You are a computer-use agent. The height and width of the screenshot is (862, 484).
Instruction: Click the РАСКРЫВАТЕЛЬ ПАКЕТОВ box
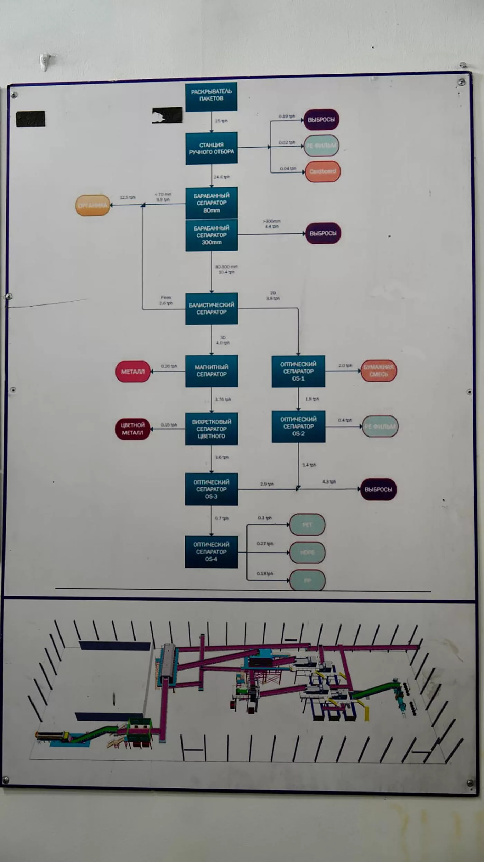click(211, 97)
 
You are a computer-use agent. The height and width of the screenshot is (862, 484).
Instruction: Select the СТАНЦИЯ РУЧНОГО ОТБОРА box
click(211, 148)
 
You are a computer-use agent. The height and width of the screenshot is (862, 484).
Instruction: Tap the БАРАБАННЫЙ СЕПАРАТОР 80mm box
click(211, 203)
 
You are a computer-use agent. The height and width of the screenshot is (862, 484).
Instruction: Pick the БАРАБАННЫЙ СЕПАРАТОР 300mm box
click(211, 235)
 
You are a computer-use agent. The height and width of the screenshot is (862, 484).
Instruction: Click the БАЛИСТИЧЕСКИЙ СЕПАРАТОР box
click(211, 309)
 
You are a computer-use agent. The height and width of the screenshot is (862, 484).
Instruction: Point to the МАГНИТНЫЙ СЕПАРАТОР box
click(211, 371)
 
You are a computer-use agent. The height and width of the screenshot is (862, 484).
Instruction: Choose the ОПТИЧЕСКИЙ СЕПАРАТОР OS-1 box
click(298, 371)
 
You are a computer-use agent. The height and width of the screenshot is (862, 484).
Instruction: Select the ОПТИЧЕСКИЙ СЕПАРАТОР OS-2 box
click(298, 427)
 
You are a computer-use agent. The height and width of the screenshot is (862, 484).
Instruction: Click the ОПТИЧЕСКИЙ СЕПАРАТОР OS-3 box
click(211, 489)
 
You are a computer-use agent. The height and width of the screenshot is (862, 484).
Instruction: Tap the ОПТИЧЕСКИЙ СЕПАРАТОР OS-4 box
click(211, 552)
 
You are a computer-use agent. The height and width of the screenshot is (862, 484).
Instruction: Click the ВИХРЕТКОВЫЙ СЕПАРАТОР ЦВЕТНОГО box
click(211, 429)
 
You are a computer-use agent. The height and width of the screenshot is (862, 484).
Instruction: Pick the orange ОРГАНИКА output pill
click(93, 205)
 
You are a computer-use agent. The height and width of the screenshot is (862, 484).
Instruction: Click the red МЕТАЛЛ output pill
click(133, 372)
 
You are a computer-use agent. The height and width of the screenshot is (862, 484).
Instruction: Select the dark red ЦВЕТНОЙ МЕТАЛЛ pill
click(132, 429)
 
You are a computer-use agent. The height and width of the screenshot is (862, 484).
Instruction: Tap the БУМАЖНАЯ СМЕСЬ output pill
click(379, 371)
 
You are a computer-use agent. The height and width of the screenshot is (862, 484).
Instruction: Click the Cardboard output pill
click(323, 171)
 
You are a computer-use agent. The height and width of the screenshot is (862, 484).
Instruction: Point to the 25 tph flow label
click(221, 121)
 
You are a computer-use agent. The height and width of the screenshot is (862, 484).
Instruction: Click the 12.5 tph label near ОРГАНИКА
click(127, 197)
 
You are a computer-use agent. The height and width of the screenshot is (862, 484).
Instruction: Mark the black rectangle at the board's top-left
click(30, 119)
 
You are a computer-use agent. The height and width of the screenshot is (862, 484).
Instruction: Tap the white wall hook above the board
click(45, 61)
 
